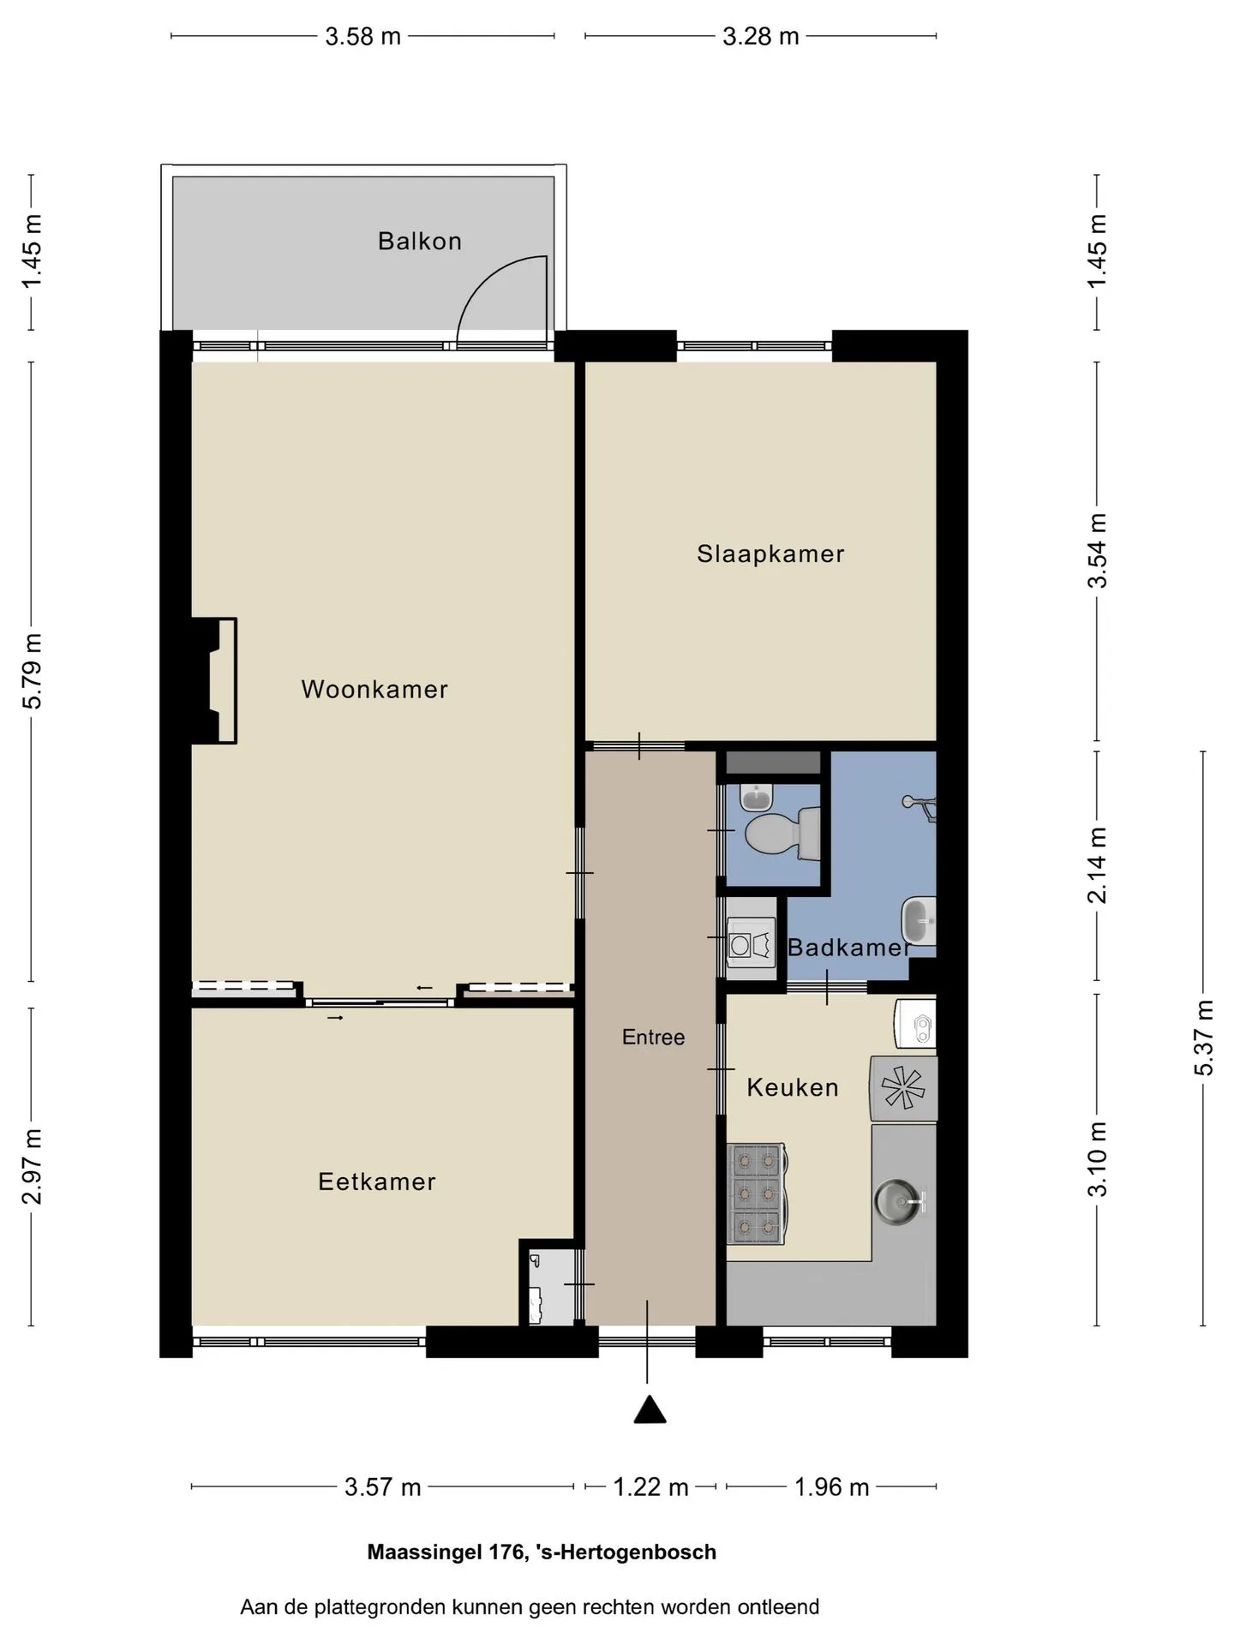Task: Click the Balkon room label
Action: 420,242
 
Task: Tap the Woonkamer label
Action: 374,689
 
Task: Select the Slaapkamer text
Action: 770,554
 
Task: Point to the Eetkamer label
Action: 377,1181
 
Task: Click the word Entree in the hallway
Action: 653,1038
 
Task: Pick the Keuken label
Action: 793,1087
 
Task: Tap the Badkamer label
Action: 848,947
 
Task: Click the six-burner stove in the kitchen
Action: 756,1193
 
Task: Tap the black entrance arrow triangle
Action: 650,1409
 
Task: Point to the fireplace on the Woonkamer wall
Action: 214,680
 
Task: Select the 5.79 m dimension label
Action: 32,672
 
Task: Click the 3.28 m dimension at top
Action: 761,36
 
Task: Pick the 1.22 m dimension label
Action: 650,1486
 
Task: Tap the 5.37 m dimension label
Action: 1204,1038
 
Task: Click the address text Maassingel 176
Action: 446,1552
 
